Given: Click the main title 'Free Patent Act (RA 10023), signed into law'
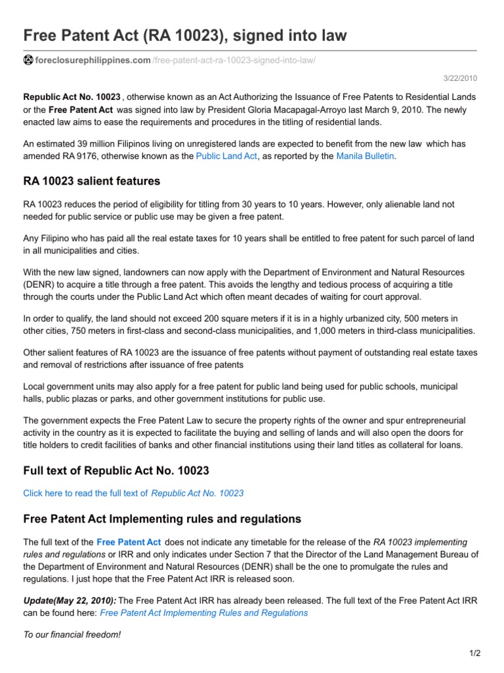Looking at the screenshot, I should pyautogui.click(x=185, y=35).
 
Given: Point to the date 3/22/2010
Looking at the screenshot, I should pyautogui.click(x=462, y=78).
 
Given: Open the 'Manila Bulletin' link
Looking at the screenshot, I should pyautogui.click(x=366, y=156).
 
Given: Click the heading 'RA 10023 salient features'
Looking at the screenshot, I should pyautogui.click(x=91, y=181).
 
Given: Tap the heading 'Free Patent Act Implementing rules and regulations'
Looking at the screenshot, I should pyautogui.click(x=161, y=519).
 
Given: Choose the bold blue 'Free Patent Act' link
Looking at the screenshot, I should pyautogui.click(x=129, y=542).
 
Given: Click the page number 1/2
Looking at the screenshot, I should pyautogui.click(x=475, y=653).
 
